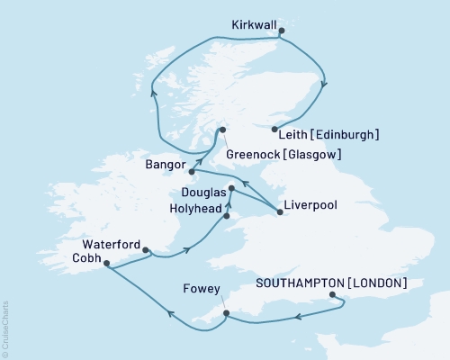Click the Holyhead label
click(194, 208)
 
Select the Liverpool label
click(310, 205)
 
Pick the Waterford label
click(111, 244)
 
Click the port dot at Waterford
click(146, 252)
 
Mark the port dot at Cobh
click(106, 265)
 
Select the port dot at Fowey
click(226, 313)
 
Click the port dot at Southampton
click(332, 295)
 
